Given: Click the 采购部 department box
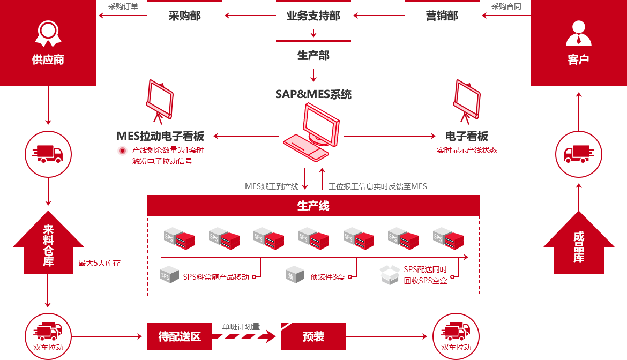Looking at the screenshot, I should point(185,16).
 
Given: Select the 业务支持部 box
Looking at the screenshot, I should point(313,16).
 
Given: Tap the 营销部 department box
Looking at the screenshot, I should point(442,16).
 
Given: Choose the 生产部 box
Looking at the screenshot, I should point(313,55).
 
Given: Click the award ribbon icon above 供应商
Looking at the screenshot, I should point(48,33).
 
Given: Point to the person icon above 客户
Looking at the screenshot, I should point(578,33).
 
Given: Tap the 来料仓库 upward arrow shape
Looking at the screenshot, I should point(48,244).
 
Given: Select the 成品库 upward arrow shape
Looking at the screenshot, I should point(579,244).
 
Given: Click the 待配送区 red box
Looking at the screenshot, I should point(180,337).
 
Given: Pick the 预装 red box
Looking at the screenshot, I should point(313,337).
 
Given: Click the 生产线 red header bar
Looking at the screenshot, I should point(313,206).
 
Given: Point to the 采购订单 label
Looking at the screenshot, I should point(123,6).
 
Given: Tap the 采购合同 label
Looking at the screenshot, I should point(506,6).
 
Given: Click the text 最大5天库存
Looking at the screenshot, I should point(100,263).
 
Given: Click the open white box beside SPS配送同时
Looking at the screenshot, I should point(389,275).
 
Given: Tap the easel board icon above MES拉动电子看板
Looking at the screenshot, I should point(160,101).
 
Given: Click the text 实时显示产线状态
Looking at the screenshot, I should point(467,150).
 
